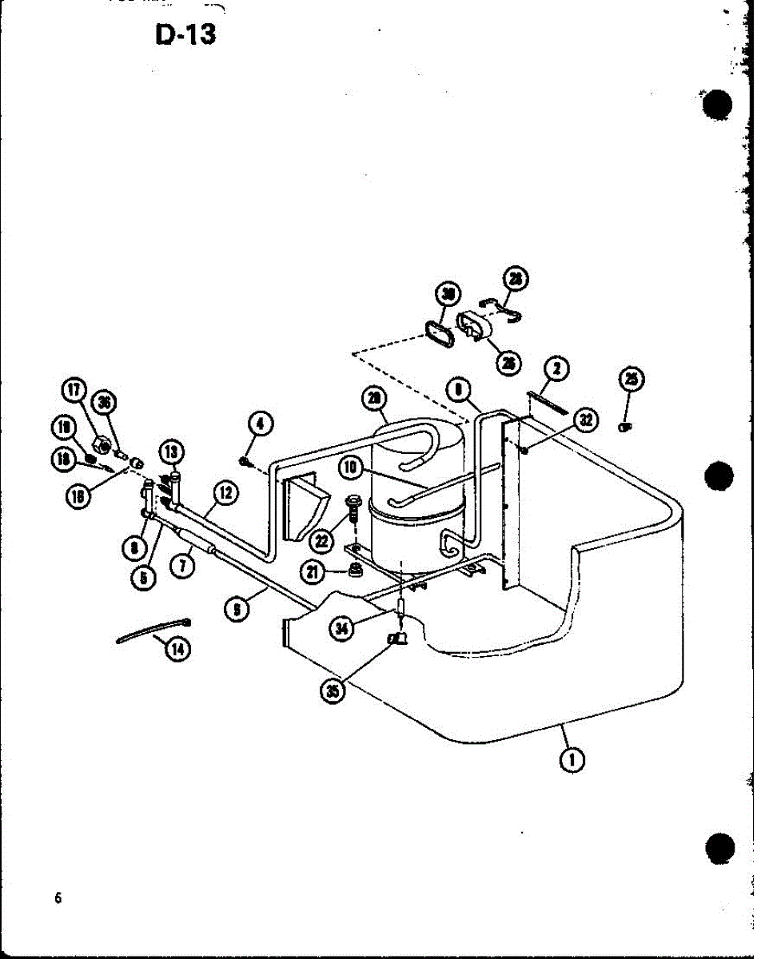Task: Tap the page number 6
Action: (58, 897)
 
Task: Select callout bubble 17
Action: (76, 392)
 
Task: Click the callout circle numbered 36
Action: (103, 402)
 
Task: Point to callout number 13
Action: (172, 452)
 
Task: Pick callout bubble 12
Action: (226, 493)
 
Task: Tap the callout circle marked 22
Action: (322, 541)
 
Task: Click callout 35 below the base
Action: (331, 692)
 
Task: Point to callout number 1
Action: (570, 760)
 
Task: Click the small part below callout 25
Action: (627, 427)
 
